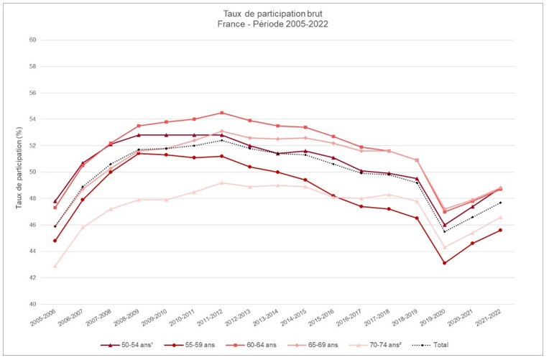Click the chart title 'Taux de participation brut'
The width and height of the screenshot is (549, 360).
coord(274,14)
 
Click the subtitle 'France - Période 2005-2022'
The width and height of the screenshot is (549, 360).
coord(274,24)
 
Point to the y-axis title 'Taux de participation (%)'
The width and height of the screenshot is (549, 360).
coord(19,172)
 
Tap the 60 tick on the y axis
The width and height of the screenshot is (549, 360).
coord(32,40)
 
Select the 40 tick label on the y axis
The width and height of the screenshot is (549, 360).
coord(32,305)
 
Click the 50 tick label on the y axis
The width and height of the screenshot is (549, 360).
coord(32,172)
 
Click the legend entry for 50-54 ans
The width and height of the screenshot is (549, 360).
coord(132,345)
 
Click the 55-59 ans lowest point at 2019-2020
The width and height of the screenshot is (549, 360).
coord(444,263)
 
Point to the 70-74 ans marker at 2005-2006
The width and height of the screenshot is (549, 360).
coord(55,266)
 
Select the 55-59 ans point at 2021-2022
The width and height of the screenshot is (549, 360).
coord(500,230)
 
